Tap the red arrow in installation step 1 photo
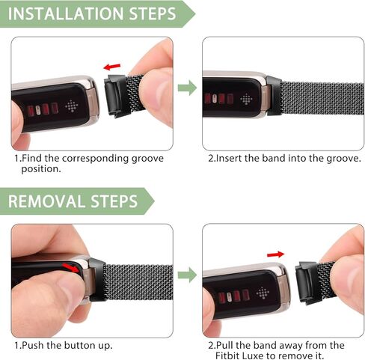click(x=112, y=68)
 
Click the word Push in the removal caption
click(x=36, y=345)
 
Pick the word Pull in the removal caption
click(x=225, y=345)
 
